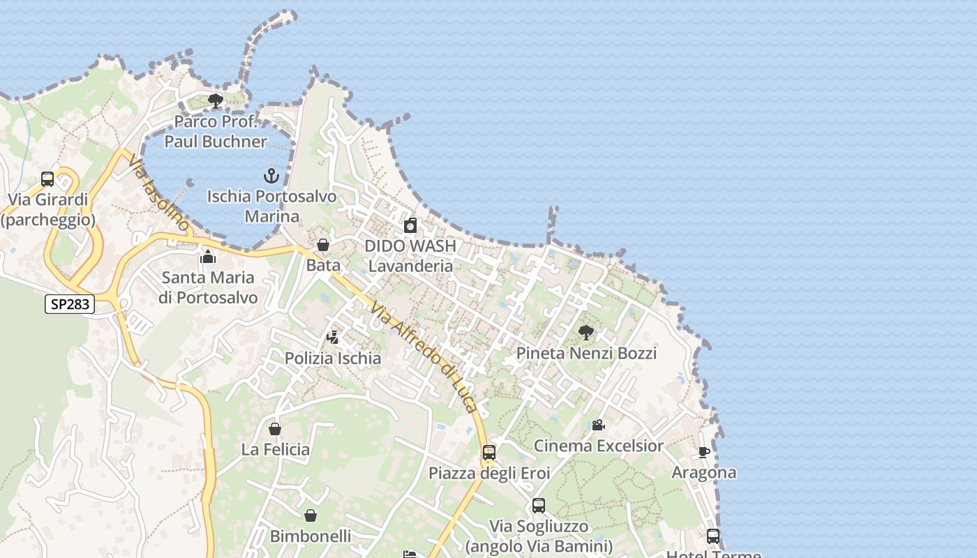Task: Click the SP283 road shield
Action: tap(70, 304)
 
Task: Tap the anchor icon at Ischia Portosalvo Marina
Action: tap(271, 175)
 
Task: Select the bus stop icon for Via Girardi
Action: tap(47, 179)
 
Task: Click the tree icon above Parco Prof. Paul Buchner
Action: tap(216, 101)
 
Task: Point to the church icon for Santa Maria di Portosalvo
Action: tap(208, 257)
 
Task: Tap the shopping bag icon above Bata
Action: tap(323, 245)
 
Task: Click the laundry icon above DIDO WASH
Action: tap(410, 225)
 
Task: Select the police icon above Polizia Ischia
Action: tap(333, 338)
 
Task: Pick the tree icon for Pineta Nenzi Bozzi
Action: tap(586, 333)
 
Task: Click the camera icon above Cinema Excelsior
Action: tap(598, 425)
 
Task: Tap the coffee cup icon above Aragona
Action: tap(704, 452)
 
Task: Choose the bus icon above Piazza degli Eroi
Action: tap(489, 453)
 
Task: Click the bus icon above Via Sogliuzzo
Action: tap(539, 506)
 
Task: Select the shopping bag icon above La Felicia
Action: tap(275, 428)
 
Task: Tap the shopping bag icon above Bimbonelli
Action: tap(311, 515)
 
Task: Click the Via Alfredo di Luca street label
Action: tap(425, 356)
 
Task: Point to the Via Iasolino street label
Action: tap(158, 193)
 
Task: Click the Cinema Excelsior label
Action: tap(599, 446)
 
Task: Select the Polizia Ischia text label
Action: tap(333, 359)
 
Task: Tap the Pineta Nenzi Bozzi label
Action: tap(586, 354)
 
